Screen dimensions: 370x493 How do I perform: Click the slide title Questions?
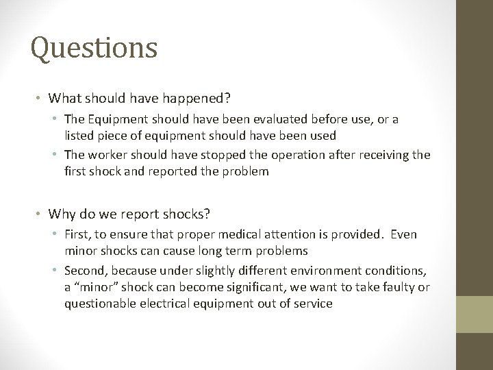coord(94,48)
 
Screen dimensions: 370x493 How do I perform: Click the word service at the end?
coord(312,304)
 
